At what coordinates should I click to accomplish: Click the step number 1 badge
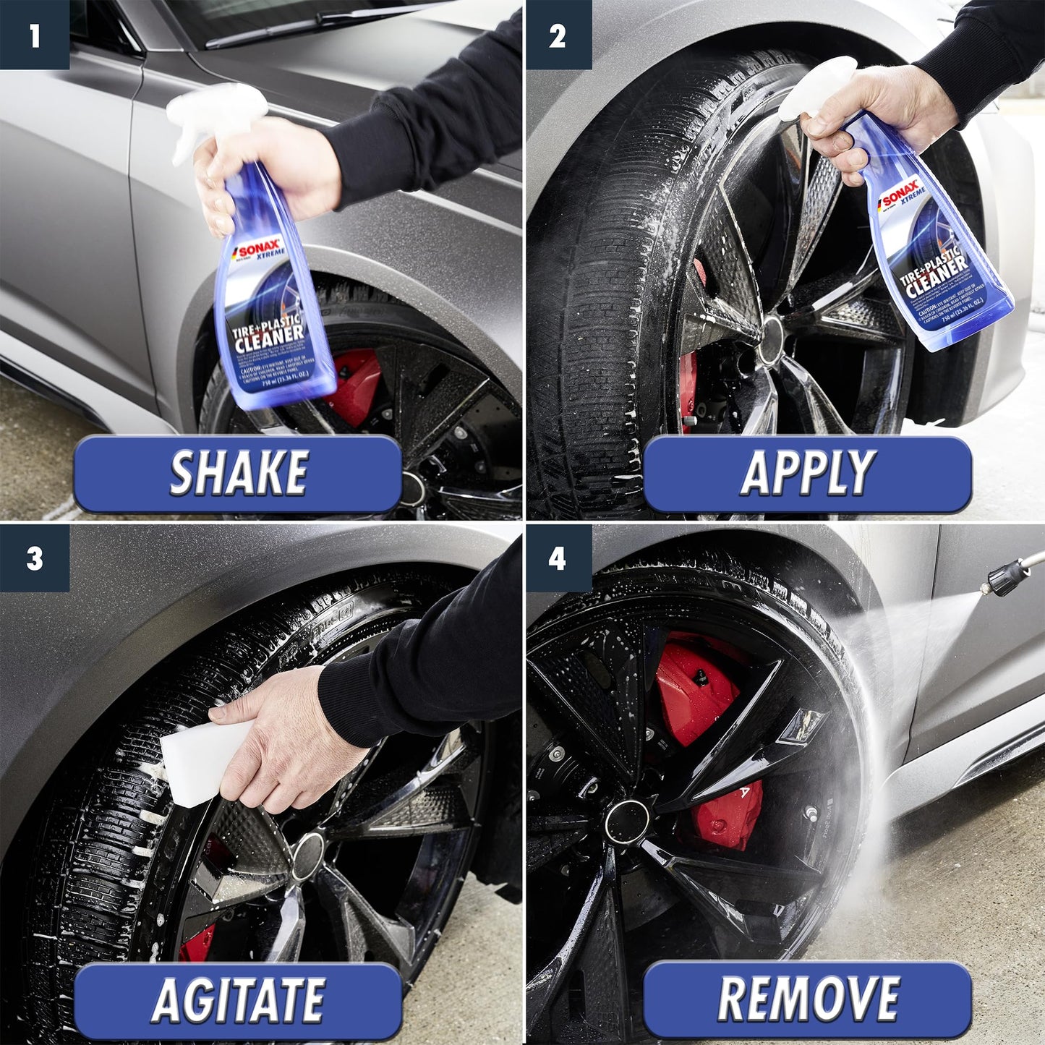pos(34,34)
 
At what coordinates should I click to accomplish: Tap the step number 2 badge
pos(558,34)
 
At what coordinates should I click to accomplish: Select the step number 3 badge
pos(34,558)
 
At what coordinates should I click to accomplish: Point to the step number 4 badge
pos(558,558)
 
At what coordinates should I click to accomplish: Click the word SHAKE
pos(238,474)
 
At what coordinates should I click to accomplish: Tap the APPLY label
pos(807,474)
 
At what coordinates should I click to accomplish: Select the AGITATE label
pos(238,1001)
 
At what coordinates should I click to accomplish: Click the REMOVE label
pos(807,1001)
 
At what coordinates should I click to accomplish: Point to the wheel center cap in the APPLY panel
pos(771,333)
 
